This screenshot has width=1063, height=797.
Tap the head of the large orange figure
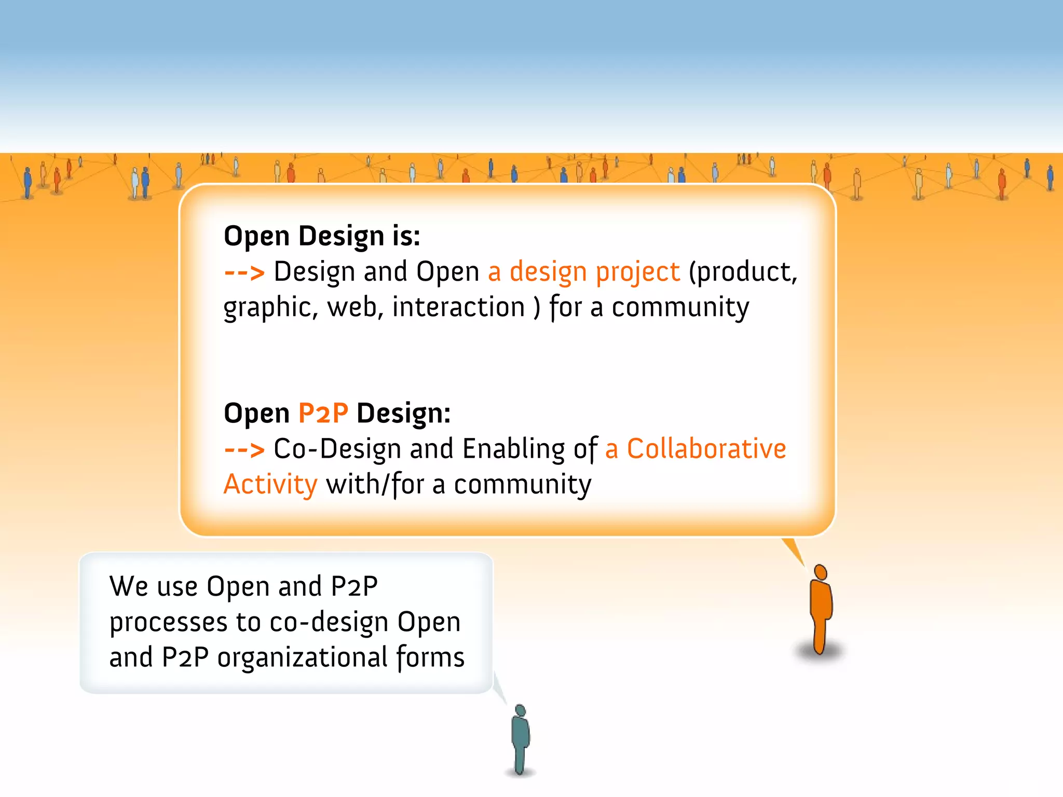pyautogui.click(x=821, y=572)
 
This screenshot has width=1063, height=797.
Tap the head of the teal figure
pyautogui.click(x=520, y=710)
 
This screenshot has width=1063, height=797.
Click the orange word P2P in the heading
pyautogui.click(x=323, y=414)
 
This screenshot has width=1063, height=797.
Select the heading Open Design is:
pyautogui.click(x=322, y=236)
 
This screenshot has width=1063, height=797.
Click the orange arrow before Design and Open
pyautogui.click(x=244, y=272)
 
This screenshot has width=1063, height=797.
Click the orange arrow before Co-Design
pyautogui.click(x=244, y=449)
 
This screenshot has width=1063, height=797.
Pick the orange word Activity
pyautogui.click(x=270, y=485)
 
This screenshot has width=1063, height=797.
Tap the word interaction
pyautogui.click(x=458, y=307)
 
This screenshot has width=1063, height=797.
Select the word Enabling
pyautogui.click(x=513, y=449)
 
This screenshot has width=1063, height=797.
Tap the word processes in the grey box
pyautogui.click(x=168, y=623)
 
